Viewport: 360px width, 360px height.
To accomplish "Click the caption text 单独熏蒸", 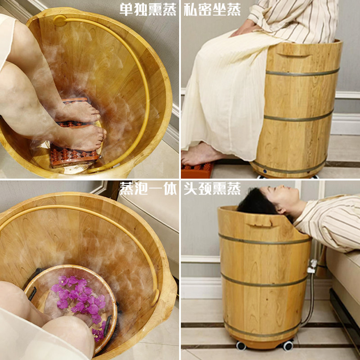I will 148,10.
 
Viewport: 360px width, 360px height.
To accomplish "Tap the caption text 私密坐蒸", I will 212,10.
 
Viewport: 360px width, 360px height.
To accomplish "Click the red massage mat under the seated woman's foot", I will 197,170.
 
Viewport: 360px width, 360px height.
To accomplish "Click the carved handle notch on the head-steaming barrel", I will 258,222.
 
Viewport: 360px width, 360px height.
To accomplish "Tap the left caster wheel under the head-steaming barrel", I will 241,346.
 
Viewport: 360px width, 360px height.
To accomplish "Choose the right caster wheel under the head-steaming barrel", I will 287,346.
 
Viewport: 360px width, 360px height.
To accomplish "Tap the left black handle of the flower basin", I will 32,292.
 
